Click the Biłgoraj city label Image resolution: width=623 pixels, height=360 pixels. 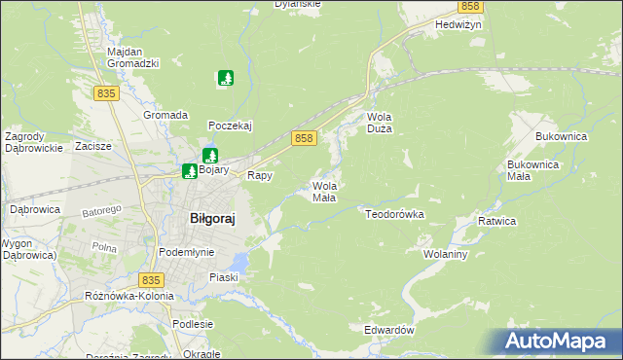[x=211, y=220]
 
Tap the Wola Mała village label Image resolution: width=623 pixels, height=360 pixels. [x=324, y=191]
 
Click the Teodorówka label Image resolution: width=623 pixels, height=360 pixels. [x=394, y=212]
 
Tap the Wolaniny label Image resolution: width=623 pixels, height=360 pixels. [x=447, y=253]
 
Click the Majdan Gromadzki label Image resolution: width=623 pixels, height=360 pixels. [x=132, y=56]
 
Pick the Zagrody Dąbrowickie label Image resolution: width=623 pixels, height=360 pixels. [x=34, y=142]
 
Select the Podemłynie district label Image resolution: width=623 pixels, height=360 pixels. [x=185, y=252]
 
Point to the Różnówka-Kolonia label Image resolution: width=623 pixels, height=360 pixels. [x=128, y=295]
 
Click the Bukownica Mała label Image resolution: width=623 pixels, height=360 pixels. [x=531, y=170]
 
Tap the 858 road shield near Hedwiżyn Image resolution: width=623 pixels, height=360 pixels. [x=470, y=7]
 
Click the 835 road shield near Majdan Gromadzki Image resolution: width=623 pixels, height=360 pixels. [x=107, y=92]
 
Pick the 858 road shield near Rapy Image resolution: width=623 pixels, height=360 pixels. [x=305, y=139]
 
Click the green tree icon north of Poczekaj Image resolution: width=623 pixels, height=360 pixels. [x=226, y=77]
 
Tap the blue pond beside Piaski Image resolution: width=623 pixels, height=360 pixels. [x=238, y=260]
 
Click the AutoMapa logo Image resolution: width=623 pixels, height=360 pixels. [x=560, y=341]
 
